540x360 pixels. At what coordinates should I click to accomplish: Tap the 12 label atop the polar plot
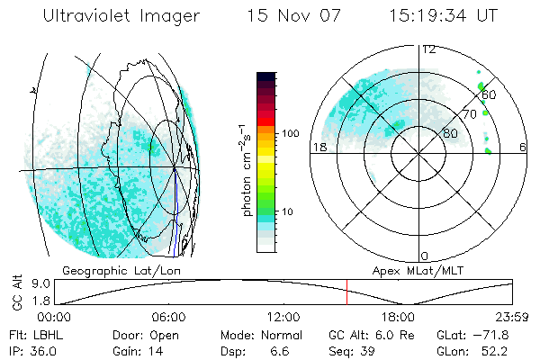point(428,49)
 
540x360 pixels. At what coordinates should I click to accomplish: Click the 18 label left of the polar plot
point(318,147)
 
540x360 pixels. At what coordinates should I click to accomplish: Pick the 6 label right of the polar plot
point(523,147)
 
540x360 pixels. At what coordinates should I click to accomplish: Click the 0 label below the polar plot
point(425,256)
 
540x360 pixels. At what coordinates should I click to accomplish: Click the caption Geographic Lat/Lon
point(110,270)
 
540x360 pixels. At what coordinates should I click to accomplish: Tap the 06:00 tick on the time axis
point(168,317)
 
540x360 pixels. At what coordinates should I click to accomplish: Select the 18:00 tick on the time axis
point(399,317)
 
